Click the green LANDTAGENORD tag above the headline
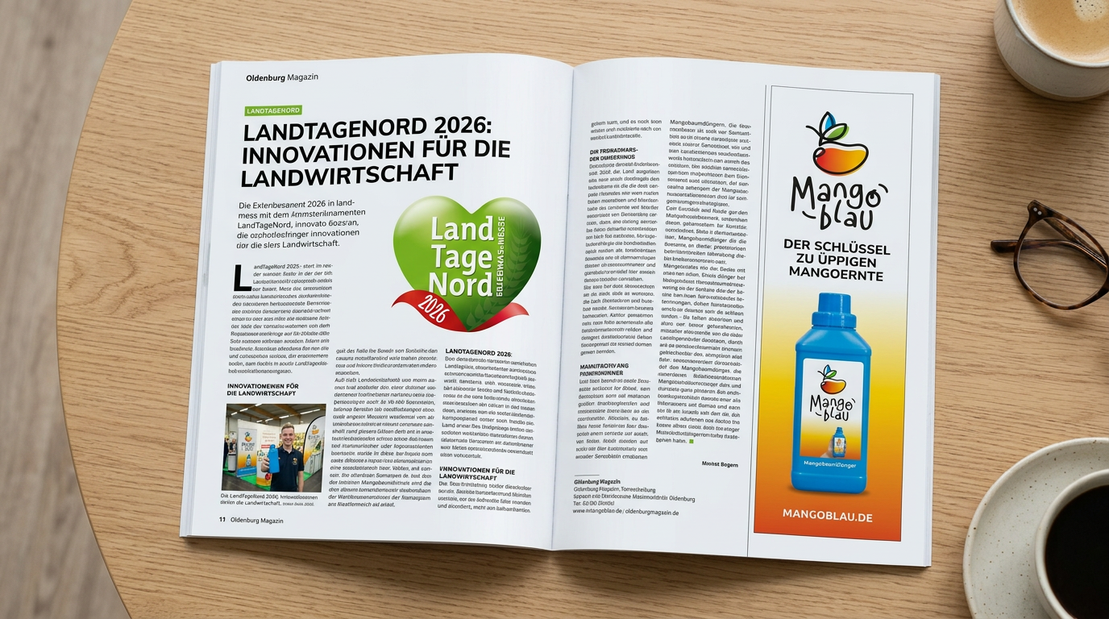(x=272, y=110)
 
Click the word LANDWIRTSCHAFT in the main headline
(x=351, y=172)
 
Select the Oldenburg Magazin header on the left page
(x=282, y=77)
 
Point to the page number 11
(x=222, y=520)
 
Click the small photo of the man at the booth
(x=274, y=447)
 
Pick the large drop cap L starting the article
(x=240, y=277)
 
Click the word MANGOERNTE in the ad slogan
(x=833, y=276)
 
